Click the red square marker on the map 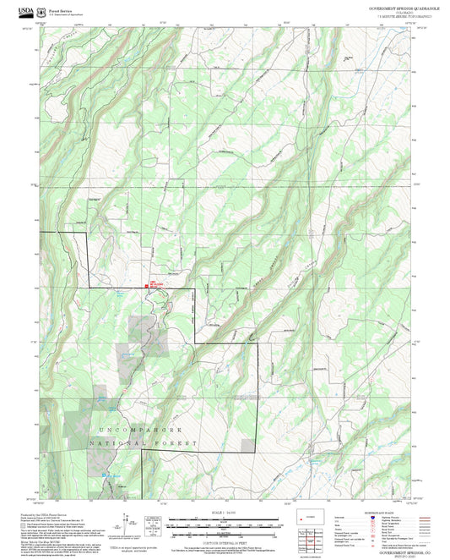(x=148, y=286)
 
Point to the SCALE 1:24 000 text (x=225, y=513)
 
